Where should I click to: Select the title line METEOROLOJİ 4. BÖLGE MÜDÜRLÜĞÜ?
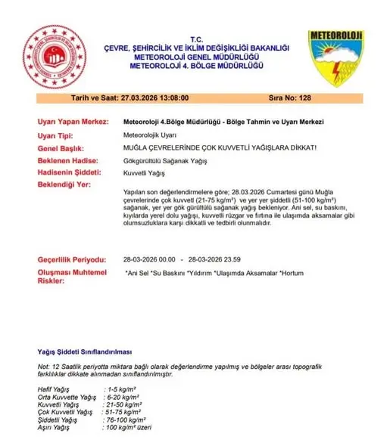(x=195, y=64)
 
